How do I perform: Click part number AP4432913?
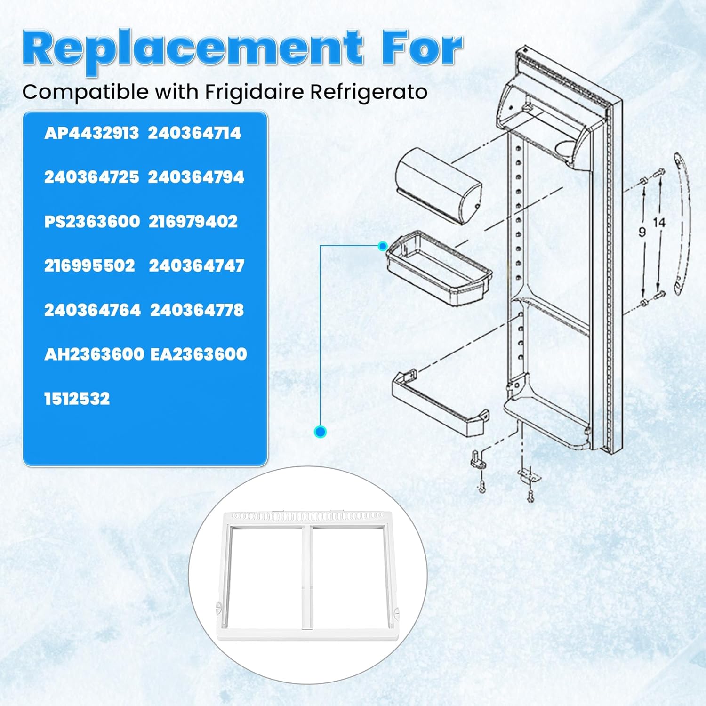[91, 133]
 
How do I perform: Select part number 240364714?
[194, 133]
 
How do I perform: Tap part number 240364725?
[91, 177]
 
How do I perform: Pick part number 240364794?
[196, 177]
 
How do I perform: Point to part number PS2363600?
[92, 222]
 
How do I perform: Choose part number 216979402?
[193, 222]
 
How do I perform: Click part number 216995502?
[89, 266]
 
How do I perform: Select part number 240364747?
[196, 266]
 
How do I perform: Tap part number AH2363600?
[94, 354]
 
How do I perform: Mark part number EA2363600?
[198, 354]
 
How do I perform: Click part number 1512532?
[77, 399]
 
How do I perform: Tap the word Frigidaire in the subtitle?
[255, 92]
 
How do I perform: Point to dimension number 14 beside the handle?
[659, 223]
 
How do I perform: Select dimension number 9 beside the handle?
[642, 232]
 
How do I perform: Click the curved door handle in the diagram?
[681, 224]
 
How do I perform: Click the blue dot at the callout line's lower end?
[321, 431]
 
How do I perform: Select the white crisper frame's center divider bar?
[308, 577]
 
